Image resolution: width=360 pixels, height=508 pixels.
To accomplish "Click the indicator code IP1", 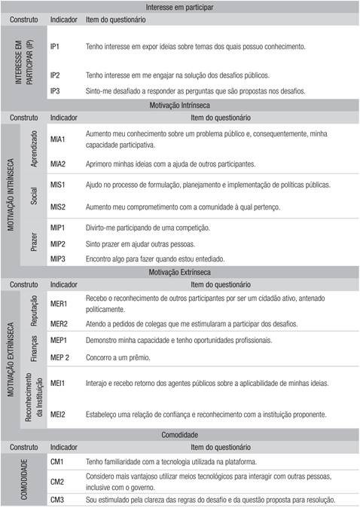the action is [x=55, y=47].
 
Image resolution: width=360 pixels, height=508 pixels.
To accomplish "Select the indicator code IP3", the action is [x=55, y=90].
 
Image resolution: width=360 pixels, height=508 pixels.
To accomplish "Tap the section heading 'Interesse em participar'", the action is [x=179, y=7].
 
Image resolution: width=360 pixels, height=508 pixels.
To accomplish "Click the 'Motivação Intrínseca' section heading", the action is [x=179, y=105].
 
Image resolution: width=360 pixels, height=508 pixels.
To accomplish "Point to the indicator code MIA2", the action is [x=58, y=163].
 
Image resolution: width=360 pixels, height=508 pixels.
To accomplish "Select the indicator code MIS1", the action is [x=58, y=184].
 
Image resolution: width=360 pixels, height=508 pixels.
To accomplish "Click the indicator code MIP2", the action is [x=58, y=243].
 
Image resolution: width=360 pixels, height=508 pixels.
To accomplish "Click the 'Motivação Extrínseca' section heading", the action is [x=179, y=271].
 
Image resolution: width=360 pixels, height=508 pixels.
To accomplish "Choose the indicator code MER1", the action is [x=59, y=304].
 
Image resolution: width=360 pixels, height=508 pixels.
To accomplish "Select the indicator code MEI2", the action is [x=58, y=414].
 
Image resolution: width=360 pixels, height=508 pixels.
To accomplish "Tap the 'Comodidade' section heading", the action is [x=179, y=435].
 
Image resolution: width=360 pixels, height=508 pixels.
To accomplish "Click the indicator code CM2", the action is [x=57, y=481].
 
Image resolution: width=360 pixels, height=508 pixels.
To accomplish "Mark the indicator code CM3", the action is [x=57, y=500].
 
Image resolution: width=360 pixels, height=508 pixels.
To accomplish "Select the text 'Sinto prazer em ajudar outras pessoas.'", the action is [x=141, y=243].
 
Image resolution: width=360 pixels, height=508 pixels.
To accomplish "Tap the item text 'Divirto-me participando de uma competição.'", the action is [x=148, y=228].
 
